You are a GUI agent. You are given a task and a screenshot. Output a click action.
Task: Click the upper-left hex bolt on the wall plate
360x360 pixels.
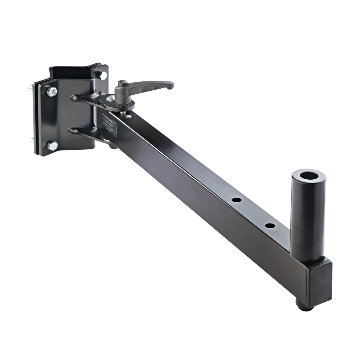(52, 91)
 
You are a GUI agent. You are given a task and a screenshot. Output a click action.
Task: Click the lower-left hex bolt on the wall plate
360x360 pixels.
(52, 145)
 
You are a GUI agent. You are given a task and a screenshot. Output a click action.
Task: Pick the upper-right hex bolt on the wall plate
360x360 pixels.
(102, 75)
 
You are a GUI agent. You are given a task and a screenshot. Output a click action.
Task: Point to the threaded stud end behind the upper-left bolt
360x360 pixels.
(29, 87)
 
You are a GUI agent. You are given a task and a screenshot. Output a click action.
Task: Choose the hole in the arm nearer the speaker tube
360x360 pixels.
(270, 226)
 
